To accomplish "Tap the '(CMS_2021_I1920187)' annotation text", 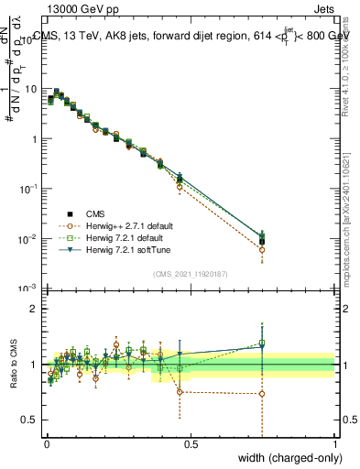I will tap(190, 274).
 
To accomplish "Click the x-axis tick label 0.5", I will tap(191, 444).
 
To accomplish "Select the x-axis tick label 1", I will tap(335, 444).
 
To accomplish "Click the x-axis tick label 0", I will tap(47, 444).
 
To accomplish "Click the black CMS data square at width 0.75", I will tap(262, 242).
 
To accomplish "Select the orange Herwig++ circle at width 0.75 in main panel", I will tap(262, 249).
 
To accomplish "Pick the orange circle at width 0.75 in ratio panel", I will tap(262, 394).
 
